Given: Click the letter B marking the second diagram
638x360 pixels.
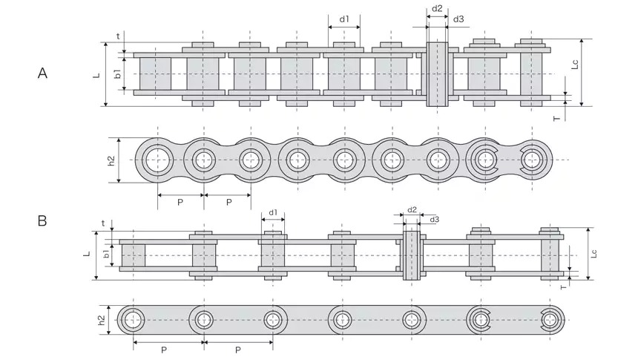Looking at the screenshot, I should click(43, 220).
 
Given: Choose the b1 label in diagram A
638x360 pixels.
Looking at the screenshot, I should click(117, 73).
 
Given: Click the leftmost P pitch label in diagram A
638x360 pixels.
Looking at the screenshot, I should click(180, 201).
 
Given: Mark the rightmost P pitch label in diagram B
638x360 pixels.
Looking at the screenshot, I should click(237, 350).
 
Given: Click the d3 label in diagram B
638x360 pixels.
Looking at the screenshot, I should click(434, 220).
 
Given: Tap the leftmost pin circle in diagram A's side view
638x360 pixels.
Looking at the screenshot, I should click(157, 159).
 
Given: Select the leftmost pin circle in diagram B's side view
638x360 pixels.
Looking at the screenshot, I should click(134, 320).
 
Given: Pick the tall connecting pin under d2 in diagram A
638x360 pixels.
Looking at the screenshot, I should click(437, 74).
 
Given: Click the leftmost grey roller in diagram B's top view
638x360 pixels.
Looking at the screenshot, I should click(134, 255).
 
